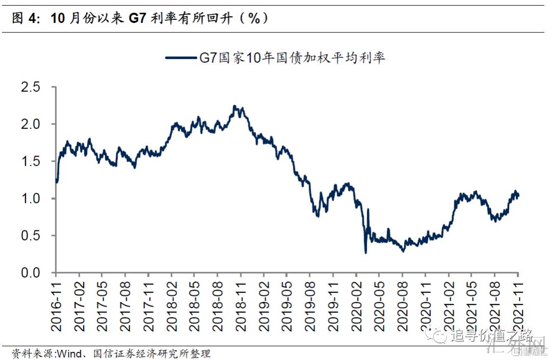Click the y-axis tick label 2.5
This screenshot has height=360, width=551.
point(30,87)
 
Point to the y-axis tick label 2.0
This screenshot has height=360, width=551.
point(30,124)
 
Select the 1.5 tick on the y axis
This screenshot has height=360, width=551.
point(30,162)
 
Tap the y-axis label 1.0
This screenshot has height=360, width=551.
point(30,199)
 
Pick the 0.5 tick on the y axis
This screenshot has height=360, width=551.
point(30,236)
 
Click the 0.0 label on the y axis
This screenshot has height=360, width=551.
point(30,273)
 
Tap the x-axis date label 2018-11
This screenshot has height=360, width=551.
point(241,301)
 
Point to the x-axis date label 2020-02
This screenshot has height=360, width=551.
point(356,301)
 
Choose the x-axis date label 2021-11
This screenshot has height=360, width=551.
point(518,301)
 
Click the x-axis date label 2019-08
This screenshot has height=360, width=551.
point(310,301)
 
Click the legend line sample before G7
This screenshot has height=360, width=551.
point(182,58)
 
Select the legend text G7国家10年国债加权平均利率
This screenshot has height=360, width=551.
point(291,58)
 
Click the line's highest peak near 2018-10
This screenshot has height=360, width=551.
point(234,106)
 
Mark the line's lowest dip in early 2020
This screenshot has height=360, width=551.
point(365,252)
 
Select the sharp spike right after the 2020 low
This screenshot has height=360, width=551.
point(368,210)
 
